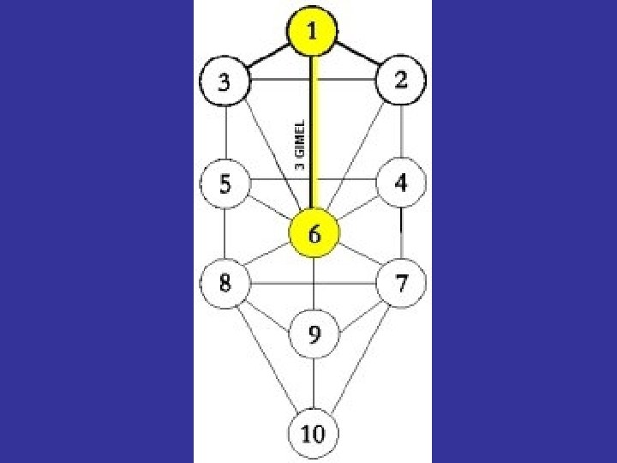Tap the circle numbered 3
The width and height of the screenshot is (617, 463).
click(224, 83)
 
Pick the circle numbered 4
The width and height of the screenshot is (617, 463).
click(400, 183)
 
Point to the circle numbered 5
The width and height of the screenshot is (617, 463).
click(224, 183)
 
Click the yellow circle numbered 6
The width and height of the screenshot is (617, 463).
click(314, 234)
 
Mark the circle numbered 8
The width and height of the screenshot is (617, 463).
click(224, 282)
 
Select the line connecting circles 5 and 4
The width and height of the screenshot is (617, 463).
click(274, 180)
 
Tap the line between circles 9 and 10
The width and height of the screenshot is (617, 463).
click(314, 385)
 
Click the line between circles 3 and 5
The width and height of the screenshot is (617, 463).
click(225, 133)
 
